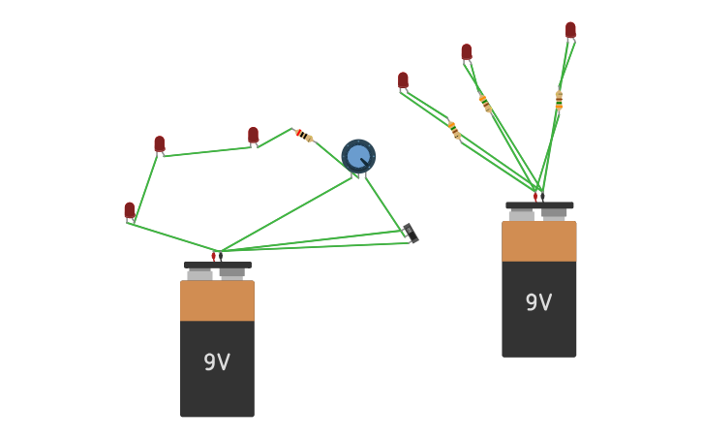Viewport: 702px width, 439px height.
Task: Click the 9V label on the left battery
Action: [x=217, y=362]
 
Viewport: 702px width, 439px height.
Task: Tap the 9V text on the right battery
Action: [x=538, y=302]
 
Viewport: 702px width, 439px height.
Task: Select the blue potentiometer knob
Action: [x=358, y=155]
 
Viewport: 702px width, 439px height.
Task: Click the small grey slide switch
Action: [x=411, y=234]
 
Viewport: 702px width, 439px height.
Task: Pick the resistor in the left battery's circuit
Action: [x=303, y=135]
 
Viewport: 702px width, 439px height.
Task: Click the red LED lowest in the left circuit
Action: [x=130, y=210]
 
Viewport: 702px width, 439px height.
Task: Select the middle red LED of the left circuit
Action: [x=160, y=144]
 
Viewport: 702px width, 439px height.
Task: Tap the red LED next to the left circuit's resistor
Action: [x=254, y=136]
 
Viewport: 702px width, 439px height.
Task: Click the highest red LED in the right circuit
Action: [x=570, y=30]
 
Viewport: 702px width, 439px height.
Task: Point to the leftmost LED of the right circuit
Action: [x=404, y=80]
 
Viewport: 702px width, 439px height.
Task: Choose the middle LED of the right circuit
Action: [x=467, y=52]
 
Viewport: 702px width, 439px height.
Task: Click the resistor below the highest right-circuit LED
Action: [x=559, y=100]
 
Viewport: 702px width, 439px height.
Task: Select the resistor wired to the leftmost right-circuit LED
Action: [x=453, y=129]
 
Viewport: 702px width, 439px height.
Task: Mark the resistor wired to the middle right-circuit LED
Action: [x=484, y=103]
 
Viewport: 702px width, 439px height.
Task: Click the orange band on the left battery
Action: [x=217, y=300]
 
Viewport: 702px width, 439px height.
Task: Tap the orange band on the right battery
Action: [x=538, y=241]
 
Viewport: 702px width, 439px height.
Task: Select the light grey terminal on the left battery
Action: [x=200, y=275]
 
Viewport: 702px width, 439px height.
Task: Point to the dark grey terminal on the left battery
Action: [x=232, y=274]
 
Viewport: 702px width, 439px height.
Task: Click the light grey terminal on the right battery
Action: [x=522, y=215]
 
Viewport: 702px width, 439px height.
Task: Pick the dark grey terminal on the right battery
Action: [x=554, y=214]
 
